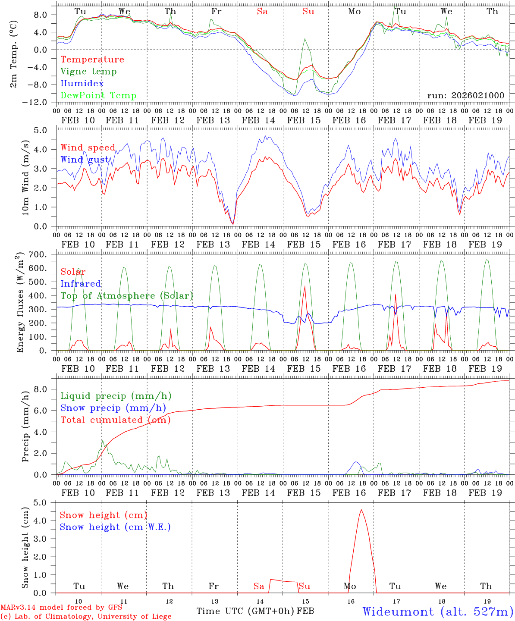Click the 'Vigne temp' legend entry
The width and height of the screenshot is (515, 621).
point(88,72)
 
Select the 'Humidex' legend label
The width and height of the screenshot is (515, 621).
point(82,84)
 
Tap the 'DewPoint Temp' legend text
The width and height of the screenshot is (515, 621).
point(98,96)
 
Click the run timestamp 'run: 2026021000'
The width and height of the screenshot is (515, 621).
point(465,96)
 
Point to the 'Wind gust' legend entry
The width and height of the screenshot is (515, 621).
point(85,160)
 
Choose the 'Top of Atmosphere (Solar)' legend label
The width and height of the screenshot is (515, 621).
point(127,296)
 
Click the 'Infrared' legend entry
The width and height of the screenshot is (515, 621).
point(81,284)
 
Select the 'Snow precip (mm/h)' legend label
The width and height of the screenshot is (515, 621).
point(113,408)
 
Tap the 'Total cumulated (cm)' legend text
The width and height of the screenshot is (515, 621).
point(115,420)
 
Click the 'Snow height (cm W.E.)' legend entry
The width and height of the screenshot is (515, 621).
point(115,527)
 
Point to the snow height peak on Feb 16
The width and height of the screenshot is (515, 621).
point(361,510)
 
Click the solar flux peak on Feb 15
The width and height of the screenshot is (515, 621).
point(305,286)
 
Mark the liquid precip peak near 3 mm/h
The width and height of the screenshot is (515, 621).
point(102,441)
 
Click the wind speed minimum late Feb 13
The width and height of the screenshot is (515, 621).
point(233,224)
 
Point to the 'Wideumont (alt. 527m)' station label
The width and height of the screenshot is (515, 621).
point(437,612)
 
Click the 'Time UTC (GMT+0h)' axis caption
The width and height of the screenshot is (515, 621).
point(245,611)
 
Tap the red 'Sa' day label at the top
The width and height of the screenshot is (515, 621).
point(262,12)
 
